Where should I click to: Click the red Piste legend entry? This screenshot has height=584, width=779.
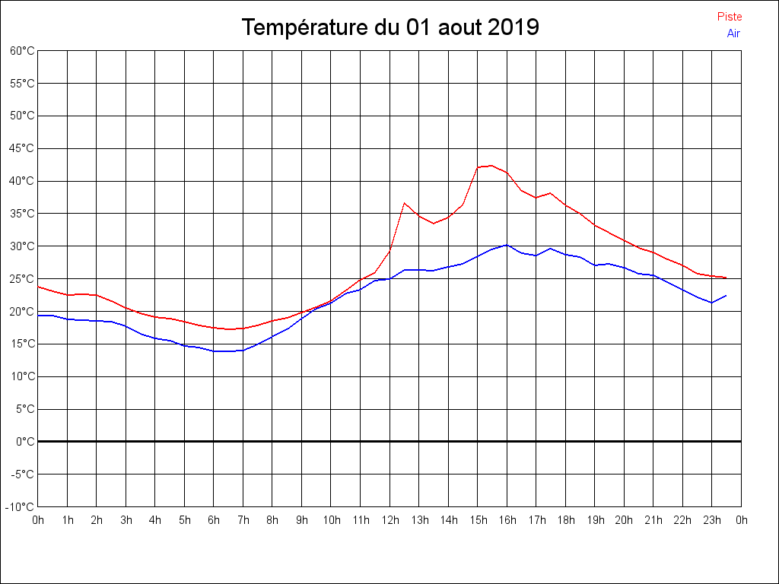pos(729,17)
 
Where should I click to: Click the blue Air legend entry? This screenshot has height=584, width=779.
pos(733,33)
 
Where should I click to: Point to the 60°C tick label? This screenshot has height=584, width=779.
pos(22,51)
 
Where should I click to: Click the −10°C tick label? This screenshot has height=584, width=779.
pos(21,506)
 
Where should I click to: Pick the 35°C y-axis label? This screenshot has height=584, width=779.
pos(22,214)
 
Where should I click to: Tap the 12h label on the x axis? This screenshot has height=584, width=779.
pos(389,520)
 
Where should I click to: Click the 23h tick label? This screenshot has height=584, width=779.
pos(712,520)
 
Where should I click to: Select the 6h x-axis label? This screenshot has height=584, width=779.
pos(214,520)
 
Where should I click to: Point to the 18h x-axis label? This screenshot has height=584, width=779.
pos(565,520)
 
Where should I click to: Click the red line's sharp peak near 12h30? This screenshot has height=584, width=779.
pos(405,203)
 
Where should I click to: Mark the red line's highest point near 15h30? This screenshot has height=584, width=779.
pos(491,165)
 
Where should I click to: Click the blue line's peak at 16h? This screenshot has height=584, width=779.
pos(507,245)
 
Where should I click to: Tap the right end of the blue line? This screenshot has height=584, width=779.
pos(727,296)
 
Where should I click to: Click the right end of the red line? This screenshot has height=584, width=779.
pos(727,278)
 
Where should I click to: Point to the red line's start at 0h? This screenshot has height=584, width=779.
pos(38,287)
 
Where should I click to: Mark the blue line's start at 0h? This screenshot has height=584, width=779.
pos(38,315)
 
